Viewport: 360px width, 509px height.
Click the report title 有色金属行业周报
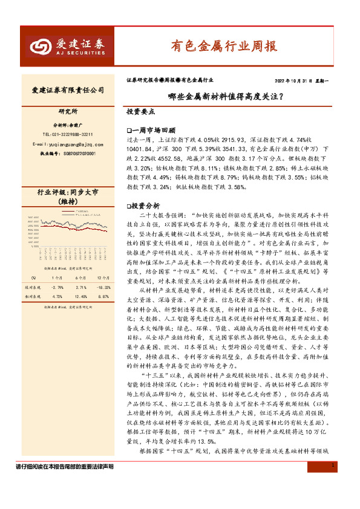[x=223, y=45]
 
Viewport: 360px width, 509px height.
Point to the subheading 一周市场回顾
[x=152, y=130]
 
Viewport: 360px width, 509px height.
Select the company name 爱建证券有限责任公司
[x=68, y=90]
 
